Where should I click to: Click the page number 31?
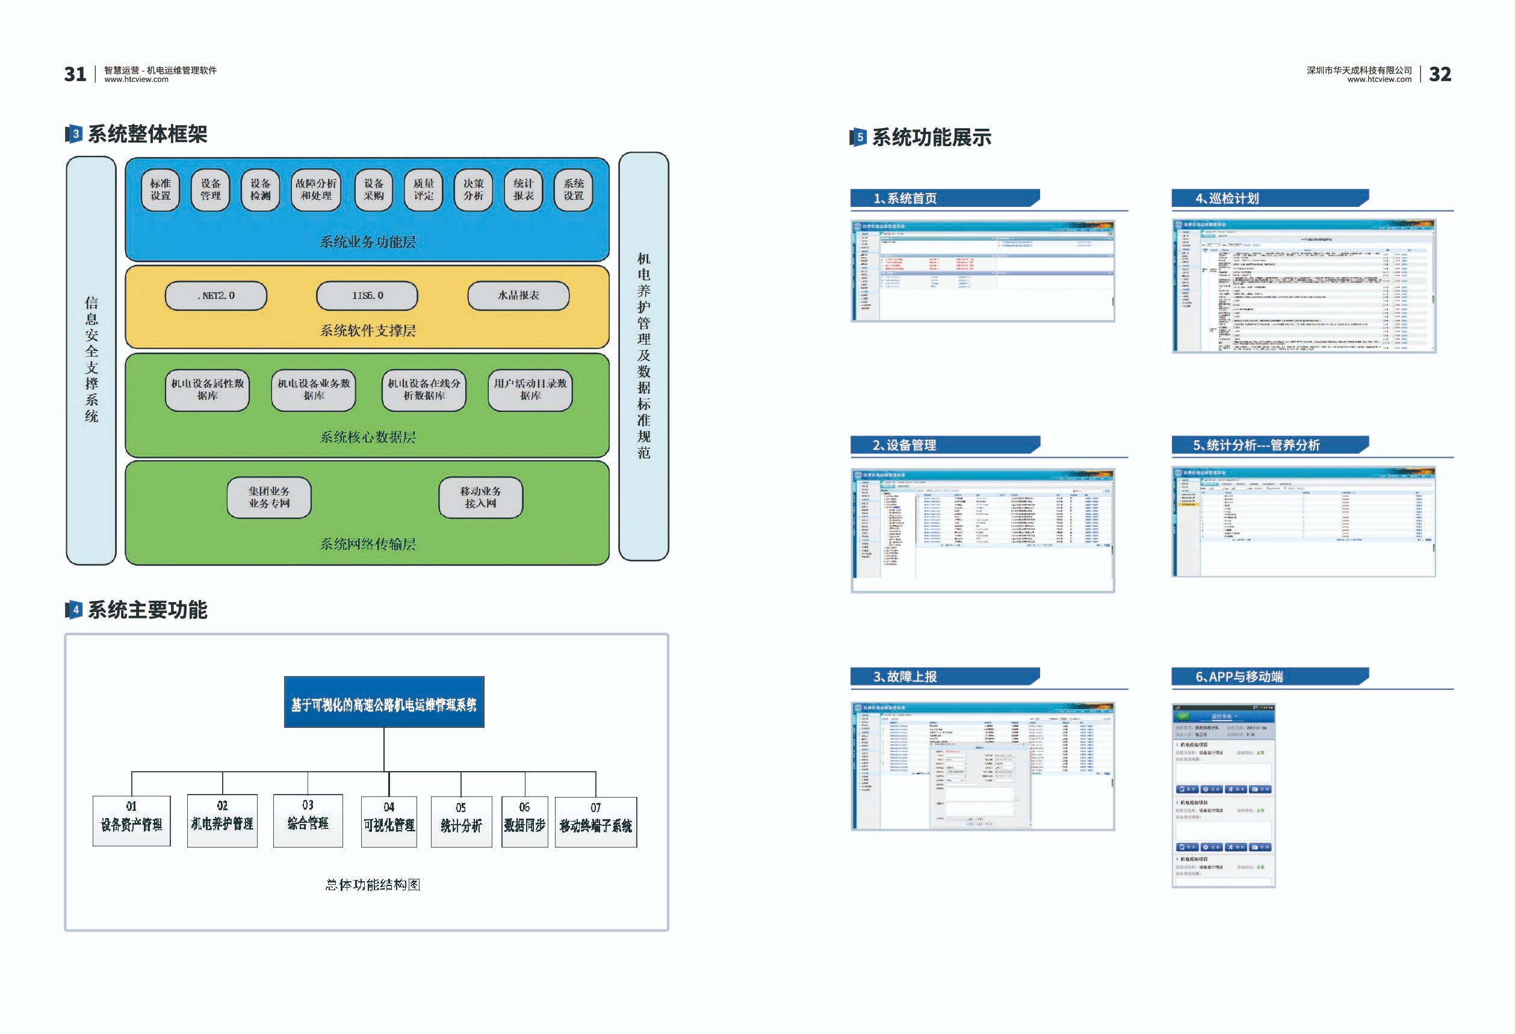pyautogui.click(x=75, y=74)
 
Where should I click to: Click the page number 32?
pyautogui.click(x=1439, y=74)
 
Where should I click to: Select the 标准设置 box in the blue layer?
pyautogui.click(x=160, y=189)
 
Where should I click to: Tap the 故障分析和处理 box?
pyautogui.click(x=316, y=189)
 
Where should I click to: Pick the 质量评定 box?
pyautogui.click(x=424, y=189)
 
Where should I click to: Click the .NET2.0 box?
pyautogui.click(x=215, y=296)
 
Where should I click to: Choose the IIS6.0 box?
pyautogui.click(x=367, y=296)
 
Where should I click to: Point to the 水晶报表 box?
pyautogui.click(x=518, y=296)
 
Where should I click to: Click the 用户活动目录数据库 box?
pyautogui.click(x=530, y=390)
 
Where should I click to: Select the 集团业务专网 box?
pyautogui.click(x=268, y=497)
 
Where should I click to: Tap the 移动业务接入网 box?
pyautogui.click(x=480, y=497)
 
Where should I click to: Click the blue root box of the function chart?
pyautogui.click(x=384, y=702)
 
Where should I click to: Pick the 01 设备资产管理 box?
pyautogui.click(x=132, y=820)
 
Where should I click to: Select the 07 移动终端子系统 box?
pyautogui.click(x=596, y=822)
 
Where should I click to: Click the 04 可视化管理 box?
pyautogui.click(x=389, y=821)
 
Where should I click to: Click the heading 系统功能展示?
pyautogui.click(x=931, y=138)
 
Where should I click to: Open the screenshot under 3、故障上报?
pyautogui.click(x=982, y=766)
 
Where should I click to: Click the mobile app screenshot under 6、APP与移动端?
pyautogui.click(x=1223, y=796)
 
